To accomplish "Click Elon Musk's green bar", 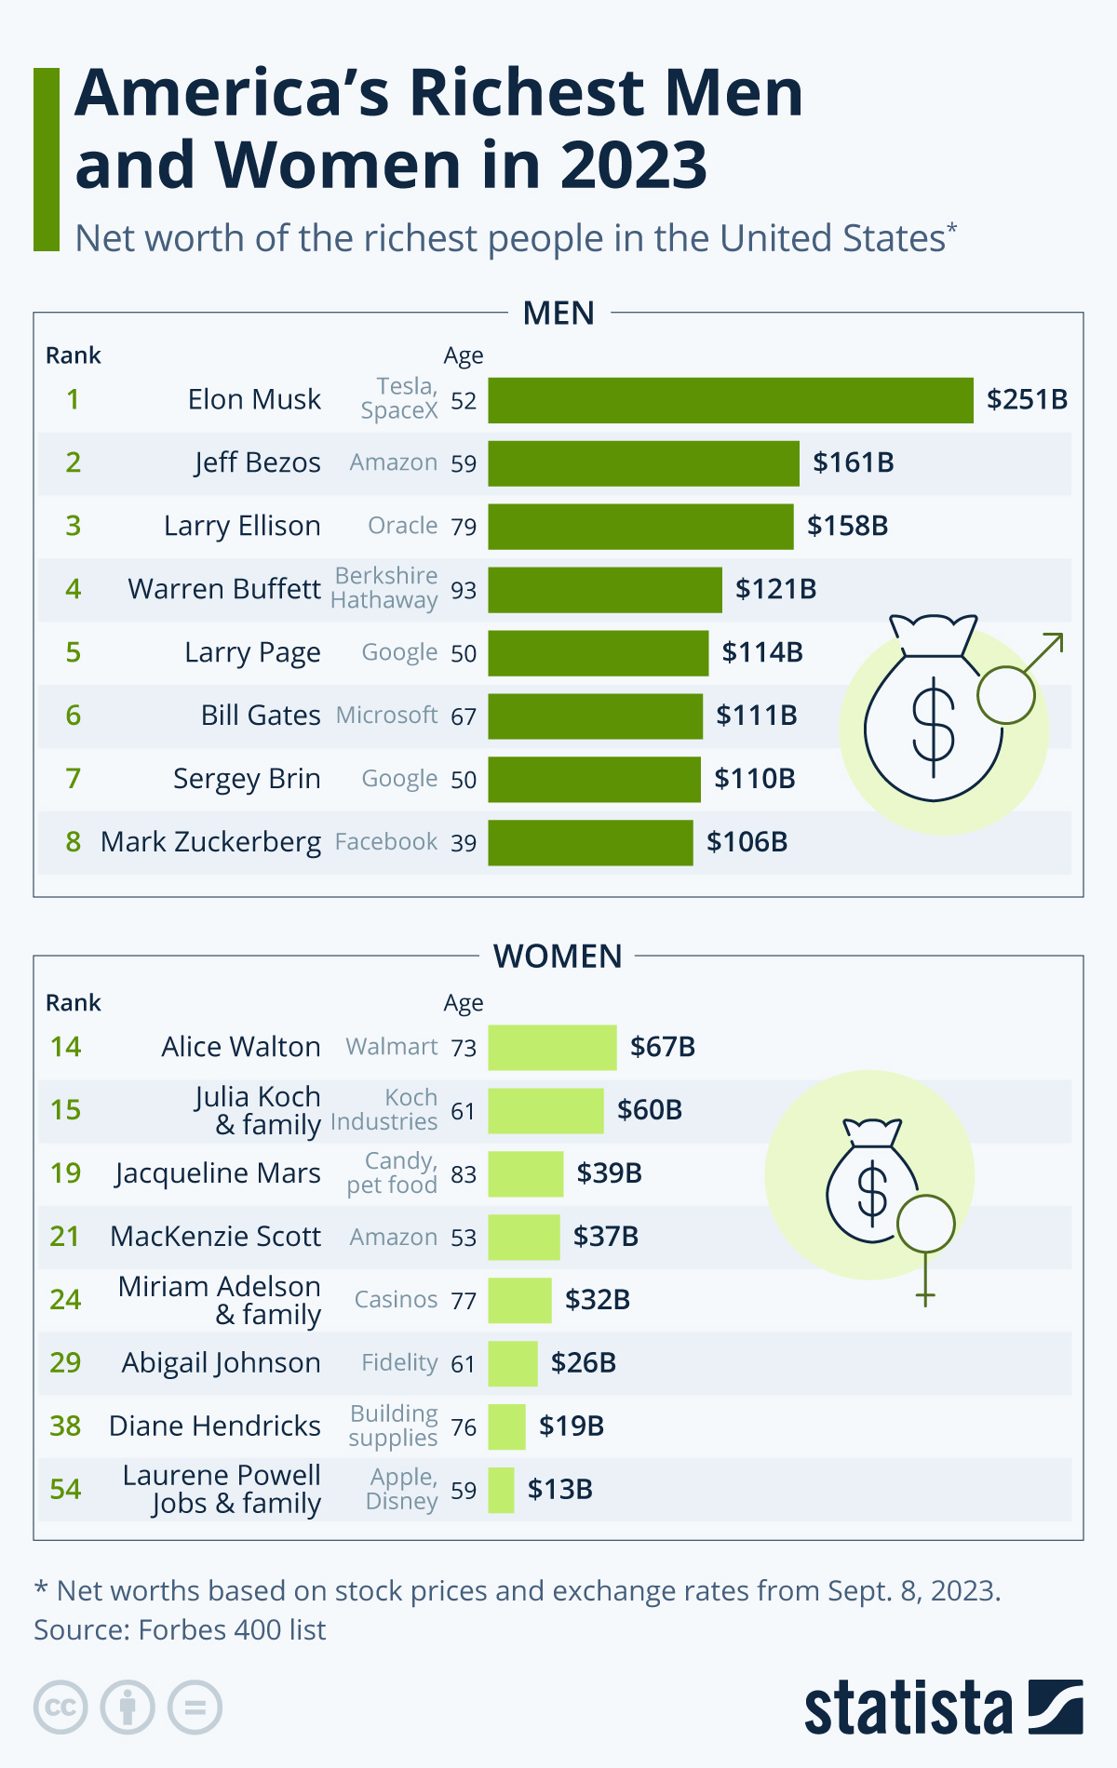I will [731, 400].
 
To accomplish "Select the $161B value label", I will [853, 462].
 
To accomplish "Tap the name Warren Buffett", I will [224, 589].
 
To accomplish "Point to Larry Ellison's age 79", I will [464, 527].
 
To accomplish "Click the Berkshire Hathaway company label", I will [384, 588].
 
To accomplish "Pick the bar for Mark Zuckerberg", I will [590, 842].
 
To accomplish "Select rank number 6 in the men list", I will [74, 716].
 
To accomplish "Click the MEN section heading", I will [558, 314].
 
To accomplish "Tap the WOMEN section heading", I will [558, 957].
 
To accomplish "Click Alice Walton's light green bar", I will [552, 1047].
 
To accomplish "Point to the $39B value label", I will [609, 1173].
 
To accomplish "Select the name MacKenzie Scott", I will [215, 1237].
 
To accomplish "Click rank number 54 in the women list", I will [65, 1490].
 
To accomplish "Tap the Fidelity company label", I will [399, 1363].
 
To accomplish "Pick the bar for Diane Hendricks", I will [506, 1426].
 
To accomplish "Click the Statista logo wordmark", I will [908, 1708].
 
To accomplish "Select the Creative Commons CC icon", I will [61, 1708].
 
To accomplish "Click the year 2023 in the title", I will [633, 166].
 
